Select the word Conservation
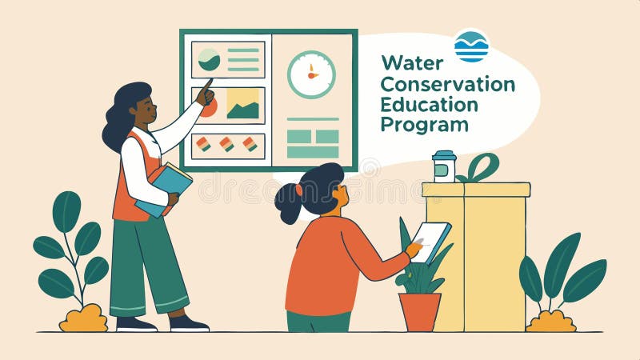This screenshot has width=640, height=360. coord(447,83)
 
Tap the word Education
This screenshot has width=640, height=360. coord(429,104)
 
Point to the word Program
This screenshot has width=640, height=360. coord(424,125)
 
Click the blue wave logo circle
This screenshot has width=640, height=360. coord(471,46)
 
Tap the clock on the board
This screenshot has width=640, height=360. coord(311,75)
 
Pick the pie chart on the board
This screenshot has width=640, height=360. coord(209,59)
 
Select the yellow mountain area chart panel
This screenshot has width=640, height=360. coord(242,105)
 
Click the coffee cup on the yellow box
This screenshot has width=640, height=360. coord(444,166)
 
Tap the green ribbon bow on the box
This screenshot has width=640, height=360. coord(479,168)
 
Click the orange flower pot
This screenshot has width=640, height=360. coord(420,311)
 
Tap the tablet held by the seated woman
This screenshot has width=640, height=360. coord(430,242)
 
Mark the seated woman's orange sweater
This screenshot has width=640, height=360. coord(328,264)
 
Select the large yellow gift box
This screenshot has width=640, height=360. coord(476,256)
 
